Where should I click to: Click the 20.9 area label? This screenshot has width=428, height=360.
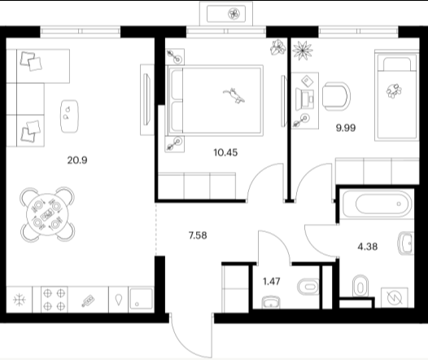tap(77, 160)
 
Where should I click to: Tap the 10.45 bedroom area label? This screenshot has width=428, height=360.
tap(225, 152)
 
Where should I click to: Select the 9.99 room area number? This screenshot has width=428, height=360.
tap(346, 128)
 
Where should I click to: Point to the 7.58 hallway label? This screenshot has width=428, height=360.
tap(198, 235)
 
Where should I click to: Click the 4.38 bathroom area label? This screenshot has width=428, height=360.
tap(368, 247)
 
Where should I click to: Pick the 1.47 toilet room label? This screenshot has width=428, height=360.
tap(272, 281)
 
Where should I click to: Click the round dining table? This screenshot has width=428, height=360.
tap(47, 215)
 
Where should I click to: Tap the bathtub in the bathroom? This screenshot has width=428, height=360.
tap(377, 204)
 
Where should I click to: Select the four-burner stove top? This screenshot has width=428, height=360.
tap(54, 300)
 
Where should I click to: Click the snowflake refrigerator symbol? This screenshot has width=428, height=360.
tap(20, 300)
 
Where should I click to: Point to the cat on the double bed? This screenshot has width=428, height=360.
tap(234, 95)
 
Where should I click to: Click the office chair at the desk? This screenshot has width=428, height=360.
tap(336, 97)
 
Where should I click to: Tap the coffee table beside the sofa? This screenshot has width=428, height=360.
tap(69, 116)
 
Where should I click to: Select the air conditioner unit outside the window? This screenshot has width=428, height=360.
tap(226, 14)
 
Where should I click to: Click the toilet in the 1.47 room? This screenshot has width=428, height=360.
tap(308, 287)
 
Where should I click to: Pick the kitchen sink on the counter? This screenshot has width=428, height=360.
tap(141, 299)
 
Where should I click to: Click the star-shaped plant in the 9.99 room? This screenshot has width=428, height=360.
tap(303, 50)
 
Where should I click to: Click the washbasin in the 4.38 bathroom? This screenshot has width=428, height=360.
tap(406, 244)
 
